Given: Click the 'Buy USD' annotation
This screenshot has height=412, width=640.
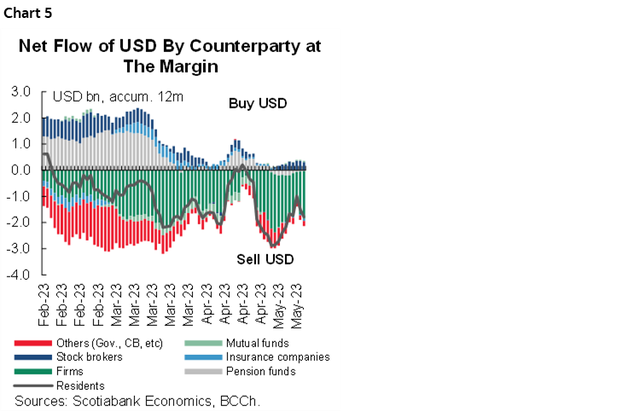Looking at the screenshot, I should click(258, 104).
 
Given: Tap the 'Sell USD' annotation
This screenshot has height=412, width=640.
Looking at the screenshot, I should click(265, 258).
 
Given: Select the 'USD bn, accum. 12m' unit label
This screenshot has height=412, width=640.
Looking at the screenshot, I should click(118, 97).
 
